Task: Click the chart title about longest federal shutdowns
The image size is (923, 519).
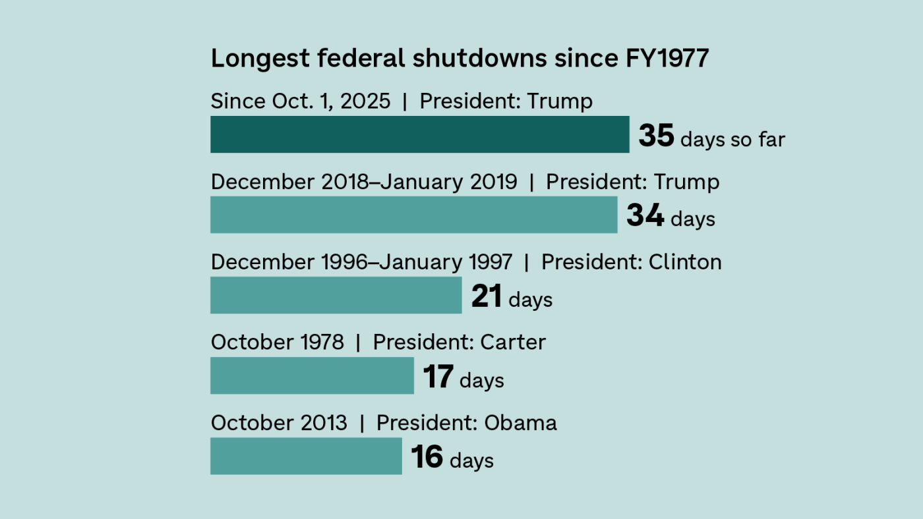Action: [x=460, y=59]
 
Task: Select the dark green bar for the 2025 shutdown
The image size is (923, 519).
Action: [x=419, y=134]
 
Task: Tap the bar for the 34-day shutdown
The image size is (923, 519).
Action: [x=413, y=215]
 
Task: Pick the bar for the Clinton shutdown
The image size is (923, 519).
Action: [x=336, y=295]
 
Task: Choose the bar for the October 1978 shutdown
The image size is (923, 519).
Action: [x=312, y=375]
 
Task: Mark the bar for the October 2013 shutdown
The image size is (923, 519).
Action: [x=306, y=456]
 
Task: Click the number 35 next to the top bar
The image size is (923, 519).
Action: [x=656, y=136]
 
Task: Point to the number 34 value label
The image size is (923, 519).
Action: [x=644, y=216]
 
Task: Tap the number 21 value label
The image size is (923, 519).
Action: [x=487, y=296]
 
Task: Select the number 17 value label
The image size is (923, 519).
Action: [x=438, y=377]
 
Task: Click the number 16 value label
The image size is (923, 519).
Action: [x=427, y=457]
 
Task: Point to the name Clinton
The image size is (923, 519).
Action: [x=685, y=262]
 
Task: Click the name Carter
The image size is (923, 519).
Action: [x=513, y=342]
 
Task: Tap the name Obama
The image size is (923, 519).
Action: [x=521, y=423]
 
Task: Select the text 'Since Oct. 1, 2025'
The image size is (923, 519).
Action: [x=301, y=101]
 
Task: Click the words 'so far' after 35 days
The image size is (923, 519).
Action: [x=758, y=140]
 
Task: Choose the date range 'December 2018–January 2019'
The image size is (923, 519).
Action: [x=364, y=182]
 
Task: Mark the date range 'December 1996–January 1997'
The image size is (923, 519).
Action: [x=361, y=262]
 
